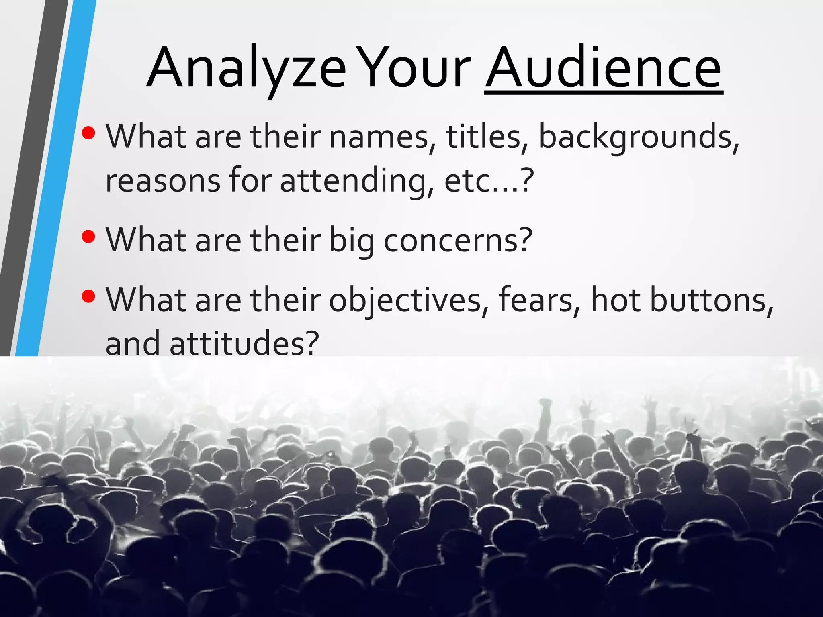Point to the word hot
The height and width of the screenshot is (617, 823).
click(615, 300)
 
